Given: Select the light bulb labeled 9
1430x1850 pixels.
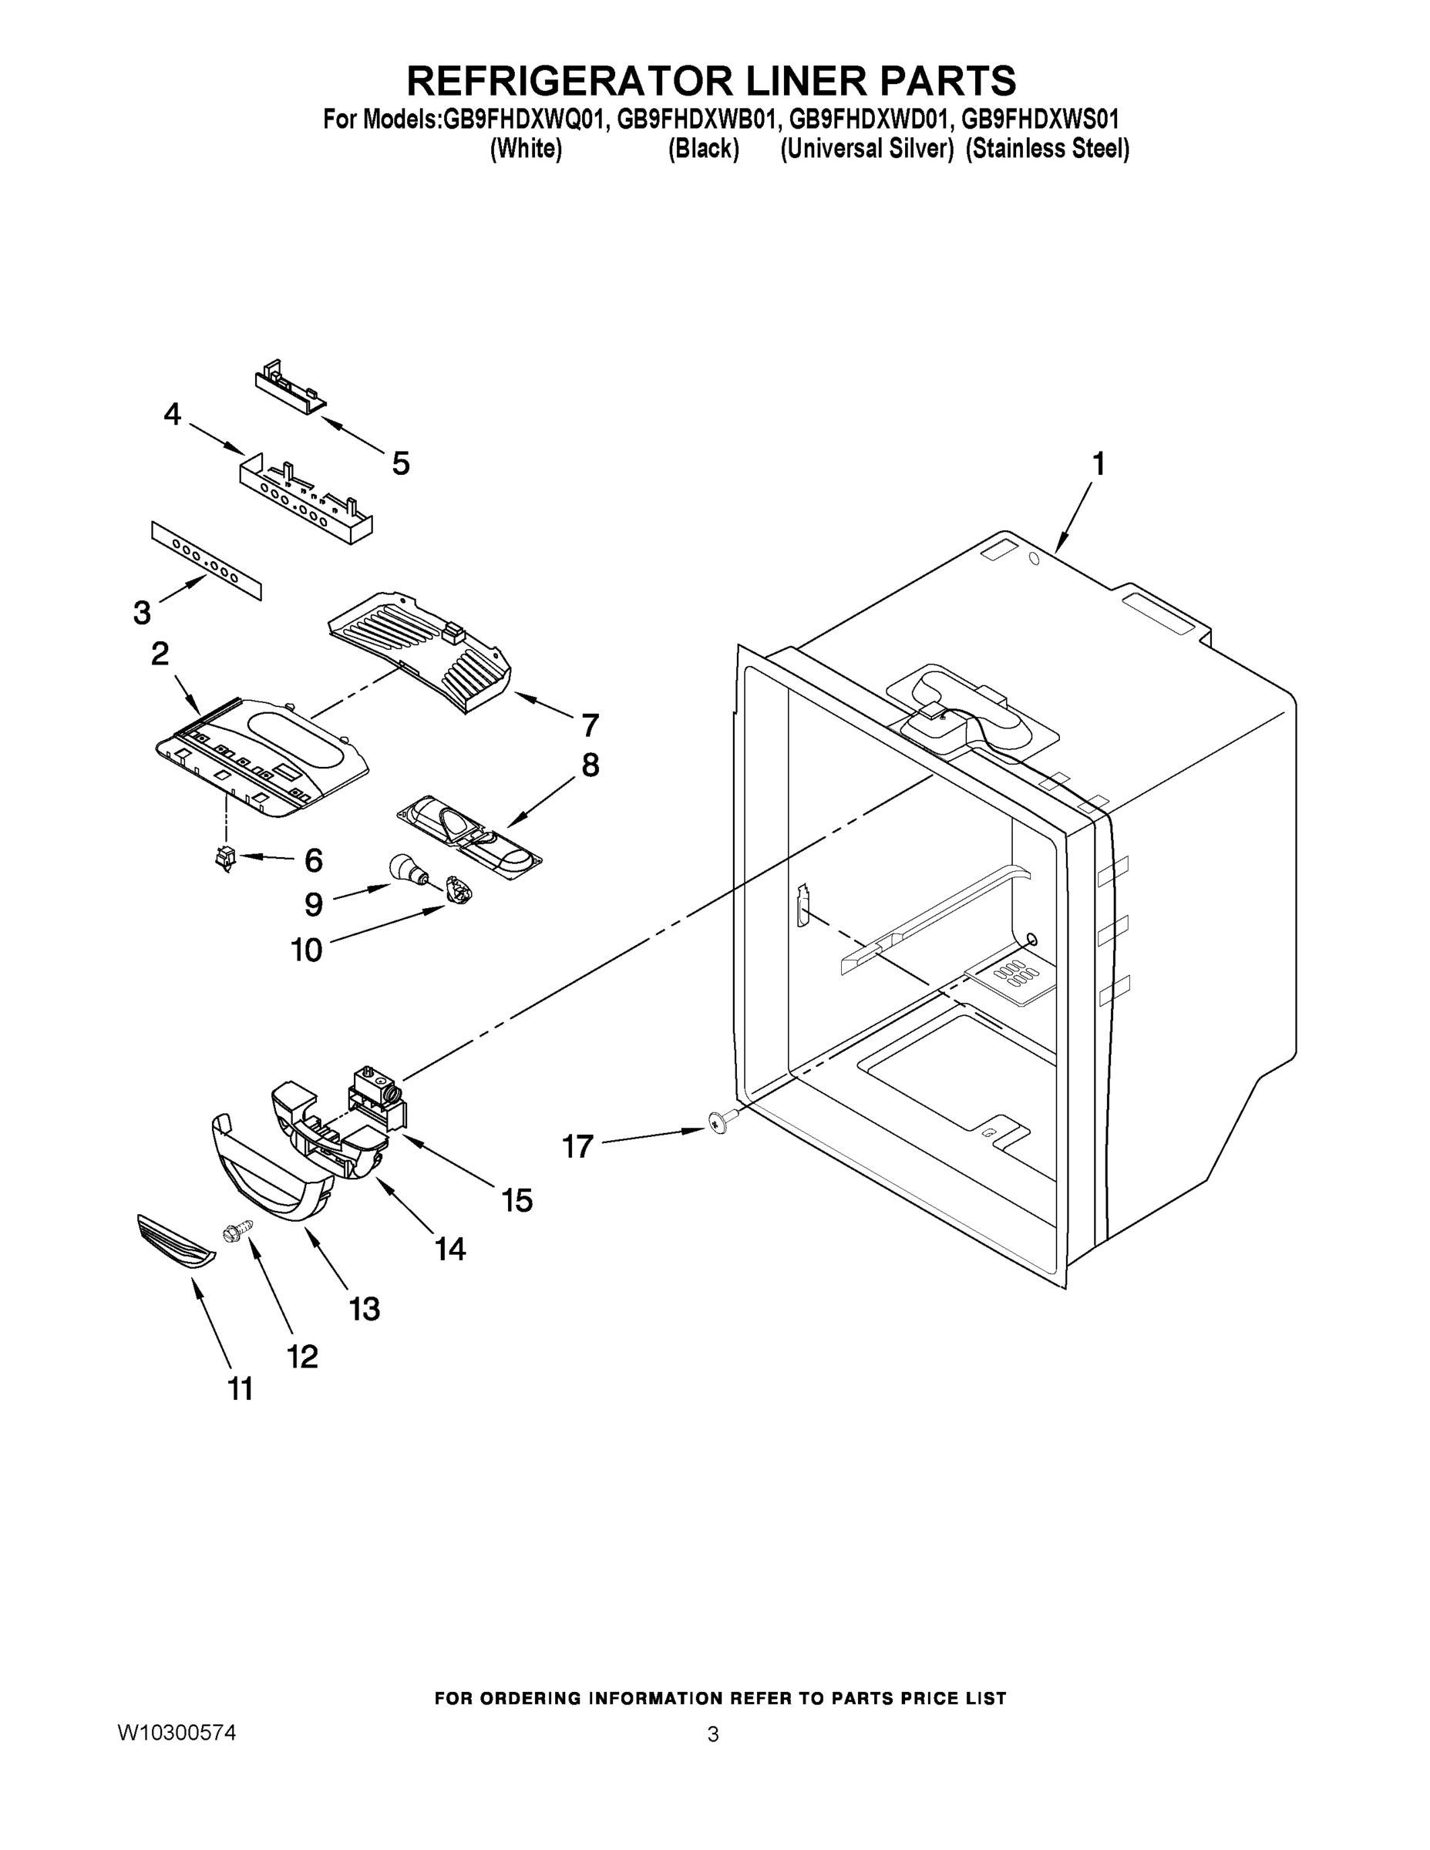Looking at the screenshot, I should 403,870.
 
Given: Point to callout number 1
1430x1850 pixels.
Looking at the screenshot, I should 1098,464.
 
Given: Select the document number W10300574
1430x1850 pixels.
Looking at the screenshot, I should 177,1732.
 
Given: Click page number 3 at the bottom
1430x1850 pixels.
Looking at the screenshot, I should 712,1735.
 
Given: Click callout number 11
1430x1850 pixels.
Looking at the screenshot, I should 241,1389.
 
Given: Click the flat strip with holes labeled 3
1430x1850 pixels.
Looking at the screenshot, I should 207,560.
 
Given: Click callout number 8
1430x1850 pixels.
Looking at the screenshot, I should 591,765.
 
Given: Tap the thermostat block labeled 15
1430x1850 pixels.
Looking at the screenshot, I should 377,1099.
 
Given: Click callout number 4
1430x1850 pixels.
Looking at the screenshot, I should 172,414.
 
